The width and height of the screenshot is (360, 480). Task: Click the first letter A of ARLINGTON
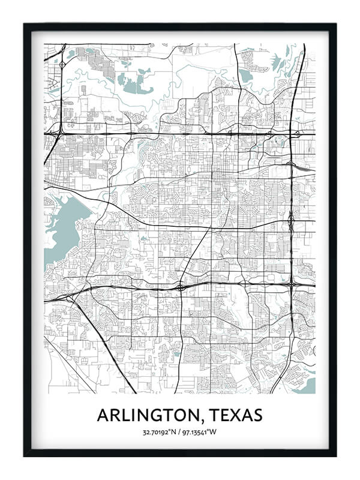(x=103, y=415)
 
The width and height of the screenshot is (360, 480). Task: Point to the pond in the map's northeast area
(x=245, y=75)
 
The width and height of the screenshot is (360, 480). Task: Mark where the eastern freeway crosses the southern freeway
(x=291, y=283)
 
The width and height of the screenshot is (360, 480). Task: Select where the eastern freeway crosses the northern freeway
(x=294, y=134)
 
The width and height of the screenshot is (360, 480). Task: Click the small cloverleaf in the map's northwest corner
(x=63, y=64)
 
